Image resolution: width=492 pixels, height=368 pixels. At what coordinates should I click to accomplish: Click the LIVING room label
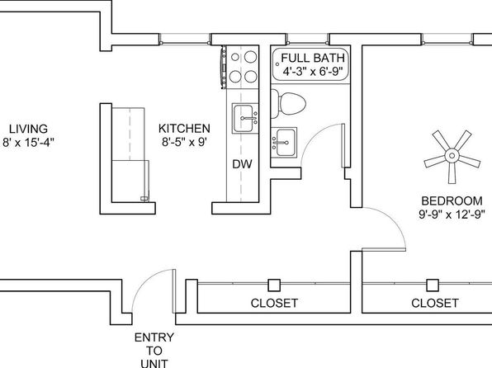28,129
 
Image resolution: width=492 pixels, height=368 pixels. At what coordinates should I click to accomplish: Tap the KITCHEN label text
184,129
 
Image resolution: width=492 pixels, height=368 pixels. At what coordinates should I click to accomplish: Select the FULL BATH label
313,58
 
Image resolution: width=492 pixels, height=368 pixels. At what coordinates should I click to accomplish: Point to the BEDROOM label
452,201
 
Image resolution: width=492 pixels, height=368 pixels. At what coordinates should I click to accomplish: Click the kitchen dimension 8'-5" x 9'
184,142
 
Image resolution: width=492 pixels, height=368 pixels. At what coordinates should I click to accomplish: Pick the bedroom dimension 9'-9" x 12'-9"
452,215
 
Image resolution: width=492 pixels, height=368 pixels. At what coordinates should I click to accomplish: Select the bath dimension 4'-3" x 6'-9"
313,72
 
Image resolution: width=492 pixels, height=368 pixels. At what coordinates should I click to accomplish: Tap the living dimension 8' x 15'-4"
28,143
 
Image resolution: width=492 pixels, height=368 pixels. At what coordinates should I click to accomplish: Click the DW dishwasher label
242,164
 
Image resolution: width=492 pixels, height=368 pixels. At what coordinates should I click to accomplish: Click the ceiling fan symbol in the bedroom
452,156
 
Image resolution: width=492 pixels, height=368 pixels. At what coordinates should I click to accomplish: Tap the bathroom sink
284,143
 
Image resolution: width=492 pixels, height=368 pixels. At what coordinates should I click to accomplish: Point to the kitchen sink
245,118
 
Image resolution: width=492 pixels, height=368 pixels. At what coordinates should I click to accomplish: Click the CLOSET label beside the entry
274,303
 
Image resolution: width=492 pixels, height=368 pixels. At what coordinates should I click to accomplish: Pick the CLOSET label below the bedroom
435,303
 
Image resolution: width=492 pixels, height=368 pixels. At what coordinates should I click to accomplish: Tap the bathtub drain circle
277,64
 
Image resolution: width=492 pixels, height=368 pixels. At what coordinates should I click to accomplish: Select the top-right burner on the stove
251,57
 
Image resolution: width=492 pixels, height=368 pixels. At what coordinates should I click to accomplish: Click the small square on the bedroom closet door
433,285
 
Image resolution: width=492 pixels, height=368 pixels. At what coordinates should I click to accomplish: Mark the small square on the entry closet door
274,285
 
